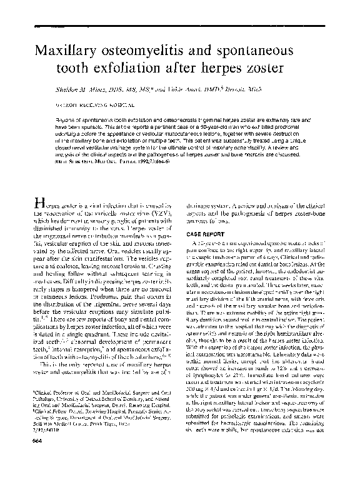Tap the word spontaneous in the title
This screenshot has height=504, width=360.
(279, 50)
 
